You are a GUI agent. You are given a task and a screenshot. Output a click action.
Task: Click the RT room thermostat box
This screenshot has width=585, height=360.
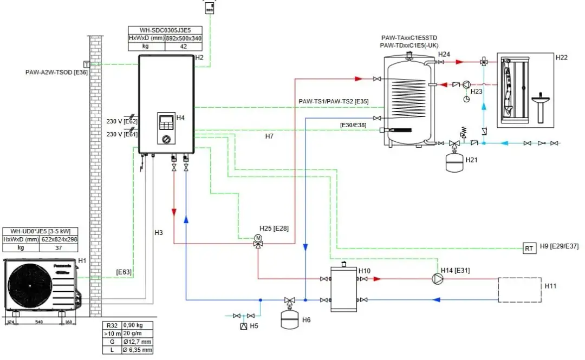click(x=529, y=248)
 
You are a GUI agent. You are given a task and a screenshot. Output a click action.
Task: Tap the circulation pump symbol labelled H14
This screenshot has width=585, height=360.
click(x=437, y=279)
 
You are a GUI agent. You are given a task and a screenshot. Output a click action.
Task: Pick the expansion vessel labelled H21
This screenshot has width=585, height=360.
click(x=456, y=163)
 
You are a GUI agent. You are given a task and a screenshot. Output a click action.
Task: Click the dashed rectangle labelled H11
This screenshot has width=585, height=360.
click(x=519, y=290)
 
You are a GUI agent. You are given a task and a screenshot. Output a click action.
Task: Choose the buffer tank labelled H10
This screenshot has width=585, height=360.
click(x=343, y=289)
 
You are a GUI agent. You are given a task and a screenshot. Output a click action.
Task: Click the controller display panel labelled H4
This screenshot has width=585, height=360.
click(x=167, y=123)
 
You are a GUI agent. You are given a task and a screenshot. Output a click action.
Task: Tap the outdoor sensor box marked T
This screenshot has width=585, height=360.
click(x=86, y=64)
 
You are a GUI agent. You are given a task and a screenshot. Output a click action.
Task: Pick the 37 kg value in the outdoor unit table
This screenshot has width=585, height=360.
click(x=58, y=247)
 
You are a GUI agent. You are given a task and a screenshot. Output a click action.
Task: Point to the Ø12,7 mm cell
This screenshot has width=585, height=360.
click(x=138, y=342)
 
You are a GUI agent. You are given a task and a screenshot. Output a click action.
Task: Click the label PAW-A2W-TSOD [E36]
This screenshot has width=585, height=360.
click(x=56, y=72)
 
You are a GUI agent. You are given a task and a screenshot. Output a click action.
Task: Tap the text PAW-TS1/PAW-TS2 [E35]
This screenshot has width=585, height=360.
click(x=334, y=101)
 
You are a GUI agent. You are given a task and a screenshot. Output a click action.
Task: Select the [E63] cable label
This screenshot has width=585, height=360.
click(x=124, y=272)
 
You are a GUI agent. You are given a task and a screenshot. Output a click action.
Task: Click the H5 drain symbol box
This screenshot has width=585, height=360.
click(x=244, y=326)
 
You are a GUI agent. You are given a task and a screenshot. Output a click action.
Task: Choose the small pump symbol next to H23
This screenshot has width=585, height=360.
click(x=466, y=84)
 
